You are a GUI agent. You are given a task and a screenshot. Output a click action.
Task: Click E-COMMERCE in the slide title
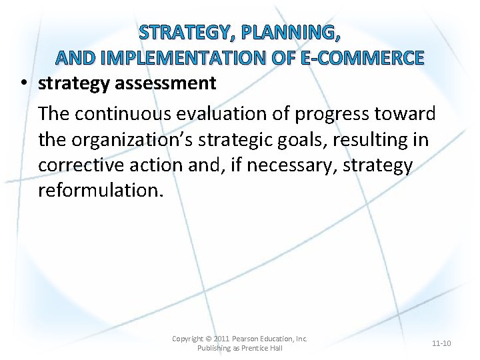click(x=363, y=58)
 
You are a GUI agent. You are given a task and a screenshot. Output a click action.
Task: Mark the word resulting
click(x=395, y=140)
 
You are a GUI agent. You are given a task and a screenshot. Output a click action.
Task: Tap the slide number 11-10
click(x=441, y=343)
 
